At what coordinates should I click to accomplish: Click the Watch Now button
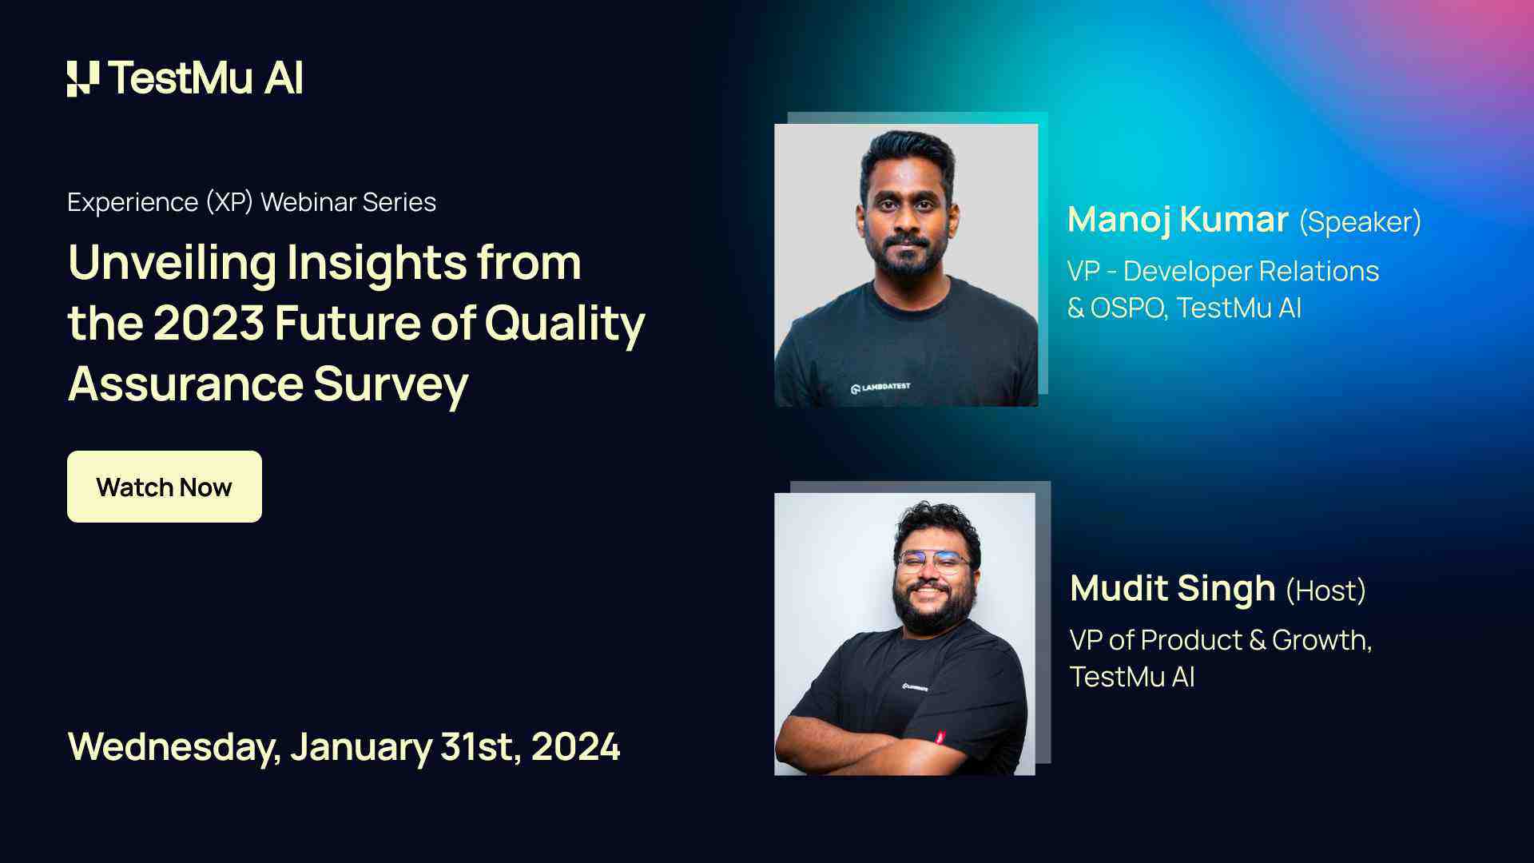point(164,487)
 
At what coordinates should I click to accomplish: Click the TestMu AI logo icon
point(82,78)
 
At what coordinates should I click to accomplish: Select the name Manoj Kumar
point(1178,220)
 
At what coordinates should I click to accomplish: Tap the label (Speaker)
point(1360,222)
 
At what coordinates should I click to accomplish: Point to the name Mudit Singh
point(1172,589)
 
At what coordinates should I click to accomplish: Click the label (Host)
point(1325,591)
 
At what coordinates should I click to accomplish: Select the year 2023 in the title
point(209,324)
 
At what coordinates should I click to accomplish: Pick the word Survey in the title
point(391,384)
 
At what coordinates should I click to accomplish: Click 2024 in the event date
point(575,747)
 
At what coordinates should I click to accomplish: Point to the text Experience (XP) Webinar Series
point(252,202)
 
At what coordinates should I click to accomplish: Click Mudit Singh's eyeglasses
point(933,562)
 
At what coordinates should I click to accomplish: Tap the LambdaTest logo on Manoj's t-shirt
point(880,388)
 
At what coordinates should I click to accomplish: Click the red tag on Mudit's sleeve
point(940,737)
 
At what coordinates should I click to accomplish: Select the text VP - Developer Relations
point(1222,272)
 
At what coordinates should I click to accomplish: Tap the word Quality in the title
point(564,324)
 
